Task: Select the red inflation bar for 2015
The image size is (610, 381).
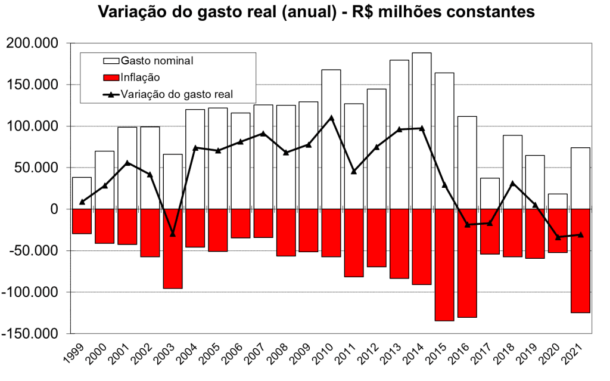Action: pos(444,265)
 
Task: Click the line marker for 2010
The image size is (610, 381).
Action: pos(331,118)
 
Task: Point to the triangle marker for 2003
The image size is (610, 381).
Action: pos(173,234)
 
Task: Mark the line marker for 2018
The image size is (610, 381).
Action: pos(512,184)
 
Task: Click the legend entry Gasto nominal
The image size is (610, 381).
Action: pos(157,61)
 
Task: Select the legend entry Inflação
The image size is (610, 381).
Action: pos(140,77)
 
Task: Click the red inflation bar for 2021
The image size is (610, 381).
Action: pos(580,261)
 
